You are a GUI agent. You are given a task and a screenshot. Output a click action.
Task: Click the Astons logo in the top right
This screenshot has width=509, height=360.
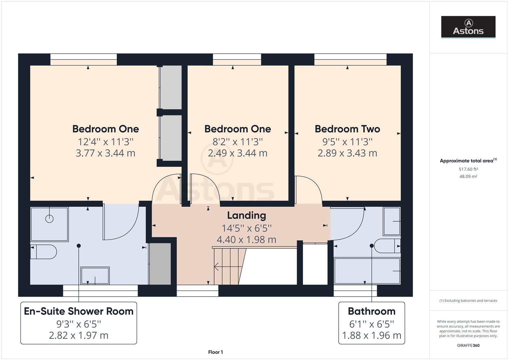468,27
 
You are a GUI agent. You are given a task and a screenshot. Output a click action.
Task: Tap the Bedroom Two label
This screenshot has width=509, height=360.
347,129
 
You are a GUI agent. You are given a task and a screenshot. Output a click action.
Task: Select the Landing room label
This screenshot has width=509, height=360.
246,216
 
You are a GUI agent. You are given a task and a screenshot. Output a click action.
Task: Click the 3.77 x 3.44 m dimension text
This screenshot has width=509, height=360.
106,153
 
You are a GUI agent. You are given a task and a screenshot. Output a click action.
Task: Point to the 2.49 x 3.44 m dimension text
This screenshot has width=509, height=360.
237,153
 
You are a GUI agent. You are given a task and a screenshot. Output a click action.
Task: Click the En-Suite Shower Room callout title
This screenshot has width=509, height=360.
79,311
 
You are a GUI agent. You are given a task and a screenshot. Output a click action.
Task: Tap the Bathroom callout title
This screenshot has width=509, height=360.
371,311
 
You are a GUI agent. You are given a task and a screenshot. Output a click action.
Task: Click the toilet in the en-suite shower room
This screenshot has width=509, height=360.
43,252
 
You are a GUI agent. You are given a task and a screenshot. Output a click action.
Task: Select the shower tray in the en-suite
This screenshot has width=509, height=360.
49,224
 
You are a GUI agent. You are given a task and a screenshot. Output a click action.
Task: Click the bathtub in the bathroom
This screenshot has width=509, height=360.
367,271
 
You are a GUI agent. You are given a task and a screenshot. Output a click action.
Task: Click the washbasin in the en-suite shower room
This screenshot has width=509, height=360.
95,276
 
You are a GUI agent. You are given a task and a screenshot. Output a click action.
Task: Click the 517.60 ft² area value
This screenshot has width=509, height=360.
468,169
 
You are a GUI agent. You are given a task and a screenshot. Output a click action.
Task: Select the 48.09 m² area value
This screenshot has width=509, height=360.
468,177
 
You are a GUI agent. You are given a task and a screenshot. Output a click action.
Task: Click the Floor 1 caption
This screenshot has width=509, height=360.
215,352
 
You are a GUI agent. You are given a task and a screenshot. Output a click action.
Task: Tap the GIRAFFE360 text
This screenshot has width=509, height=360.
468,345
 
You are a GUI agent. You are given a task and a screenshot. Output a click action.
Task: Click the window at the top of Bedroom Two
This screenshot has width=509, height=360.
350,60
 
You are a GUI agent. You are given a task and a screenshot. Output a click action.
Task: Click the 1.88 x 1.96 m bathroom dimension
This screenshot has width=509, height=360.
371,335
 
